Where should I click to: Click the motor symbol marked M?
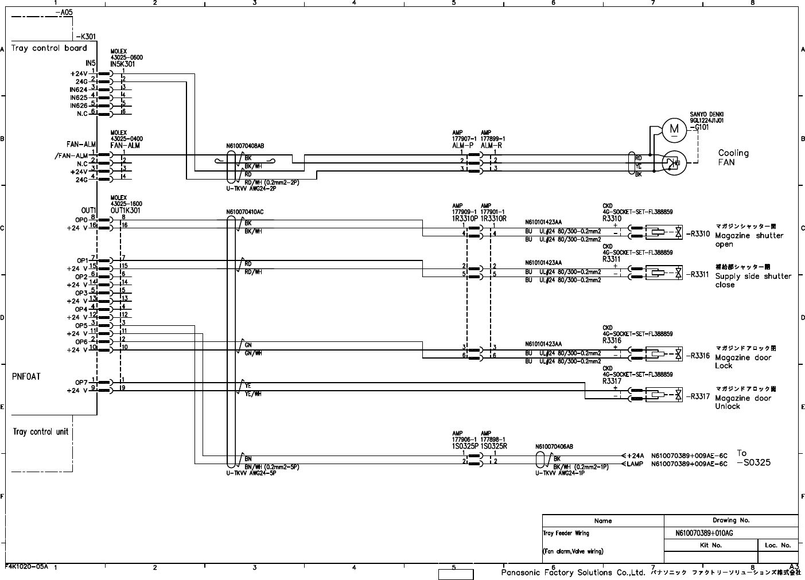(674, 130)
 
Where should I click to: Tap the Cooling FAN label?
(733, 158)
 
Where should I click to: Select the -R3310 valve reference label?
(698, 234)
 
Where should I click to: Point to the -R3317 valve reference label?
(698, 396)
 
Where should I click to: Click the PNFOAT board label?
(26, 377)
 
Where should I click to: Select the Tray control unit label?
(41, 432)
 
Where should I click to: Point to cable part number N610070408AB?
(245, 146)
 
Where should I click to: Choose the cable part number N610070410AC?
(245, 212)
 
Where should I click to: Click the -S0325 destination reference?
(754, 462)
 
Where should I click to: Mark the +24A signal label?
(635, 456)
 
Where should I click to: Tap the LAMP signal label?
(635, 464)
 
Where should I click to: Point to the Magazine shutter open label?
(749, 240)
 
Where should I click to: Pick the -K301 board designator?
(76, 37)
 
